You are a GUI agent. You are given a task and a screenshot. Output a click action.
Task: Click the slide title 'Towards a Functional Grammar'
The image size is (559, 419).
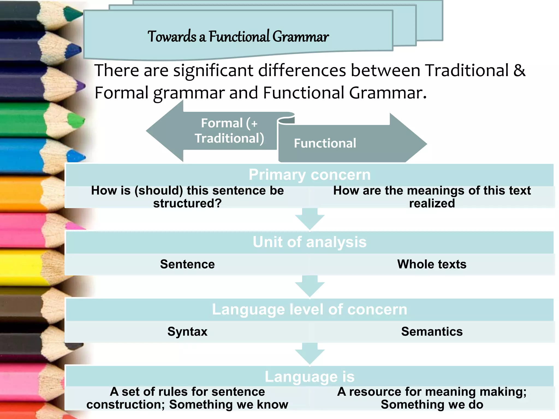point(238,37)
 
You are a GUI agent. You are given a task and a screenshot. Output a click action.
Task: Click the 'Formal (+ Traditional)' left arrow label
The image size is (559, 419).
point(229,131)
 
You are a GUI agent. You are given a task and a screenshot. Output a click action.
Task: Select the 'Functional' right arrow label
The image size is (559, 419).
point(325,143)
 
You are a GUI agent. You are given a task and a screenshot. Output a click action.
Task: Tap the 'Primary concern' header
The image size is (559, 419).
point(310,175)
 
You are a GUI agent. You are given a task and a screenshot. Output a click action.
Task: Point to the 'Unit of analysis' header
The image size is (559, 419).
point(310,242)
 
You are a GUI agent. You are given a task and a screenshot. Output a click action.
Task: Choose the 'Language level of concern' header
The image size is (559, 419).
point(310,309)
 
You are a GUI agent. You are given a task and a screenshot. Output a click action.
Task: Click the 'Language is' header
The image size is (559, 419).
point(310,377)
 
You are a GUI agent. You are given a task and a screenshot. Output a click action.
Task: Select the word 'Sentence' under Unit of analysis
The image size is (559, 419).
point(187,264)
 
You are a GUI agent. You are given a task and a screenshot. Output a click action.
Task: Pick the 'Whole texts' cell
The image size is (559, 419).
point(432,264)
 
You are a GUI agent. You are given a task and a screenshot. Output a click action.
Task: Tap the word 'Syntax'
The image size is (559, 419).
point(187,331)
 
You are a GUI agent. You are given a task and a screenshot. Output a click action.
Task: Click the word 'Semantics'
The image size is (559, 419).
point(432,331)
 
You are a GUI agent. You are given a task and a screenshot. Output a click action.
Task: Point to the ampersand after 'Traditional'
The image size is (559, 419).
point(519,70)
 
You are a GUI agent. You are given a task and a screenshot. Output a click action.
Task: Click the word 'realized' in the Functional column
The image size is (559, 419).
point(432,203)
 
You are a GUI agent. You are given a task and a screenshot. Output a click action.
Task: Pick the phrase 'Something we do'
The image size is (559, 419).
point(432,405)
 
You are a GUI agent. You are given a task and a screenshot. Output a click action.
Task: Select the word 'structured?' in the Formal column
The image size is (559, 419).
point(187,203)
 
